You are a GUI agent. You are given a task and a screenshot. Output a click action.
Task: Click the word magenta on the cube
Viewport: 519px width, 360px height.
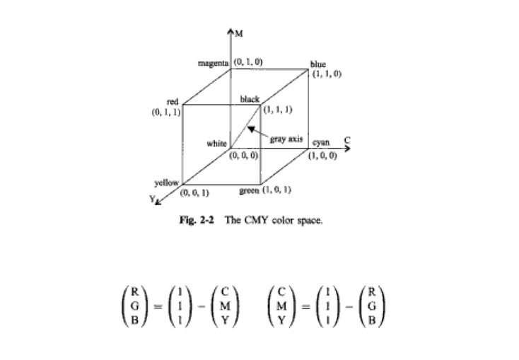(213, 63)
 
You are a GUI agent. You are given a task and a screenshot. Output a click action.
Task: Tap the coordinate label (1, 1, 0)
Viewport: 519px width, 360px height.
(327, 74)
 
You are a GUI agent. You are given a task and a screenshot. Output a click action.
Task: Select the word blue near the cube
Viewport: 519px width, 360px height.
(318, 64)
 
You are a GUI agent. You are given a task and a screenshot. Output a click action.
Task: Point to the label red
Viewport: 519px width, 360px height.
(173, 102)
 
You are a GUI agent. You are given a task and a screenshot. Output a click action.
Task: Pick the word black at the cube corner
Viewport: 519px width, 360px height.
(250, 99)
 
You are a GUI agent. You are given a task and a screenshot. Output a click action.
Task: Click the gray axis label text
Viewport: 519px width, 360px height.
(286, 139)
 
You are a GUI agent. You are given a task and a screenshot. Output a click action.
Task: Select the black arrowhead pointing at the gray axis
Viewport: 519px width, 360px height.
(252, 129)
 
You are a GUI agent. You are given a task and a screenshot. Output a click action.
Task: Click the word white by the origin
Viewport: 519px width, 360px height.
(217, 144)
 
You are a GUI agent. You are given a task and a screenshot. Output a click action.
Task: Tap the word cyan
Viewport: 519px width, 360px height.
(321, 143)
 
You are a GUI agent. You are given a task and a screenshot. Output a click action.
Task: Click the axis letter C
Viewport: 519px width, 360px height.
(347, 141)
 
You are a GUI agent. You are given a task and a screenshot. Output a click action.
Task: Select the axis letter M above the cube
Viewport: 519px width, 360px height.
(239, 34)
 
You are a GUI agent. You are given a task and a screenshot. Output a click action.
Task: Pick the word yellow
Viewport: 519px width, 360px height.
(166, 182)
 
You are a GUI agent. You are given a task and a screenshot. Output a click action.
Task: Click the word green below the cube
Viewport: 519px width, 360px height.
(249, 191)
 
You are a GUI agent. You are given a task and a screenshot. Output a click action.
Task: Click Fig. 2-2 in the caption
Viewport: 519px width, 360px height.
(197, 220)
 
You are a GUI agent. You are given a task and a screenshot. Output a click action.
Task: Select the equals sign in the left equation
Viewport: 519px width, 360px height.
(158, 307)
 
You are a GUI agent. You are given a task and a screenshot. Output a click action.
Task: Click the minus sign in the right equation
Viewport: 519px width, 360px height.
(349, 307)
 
